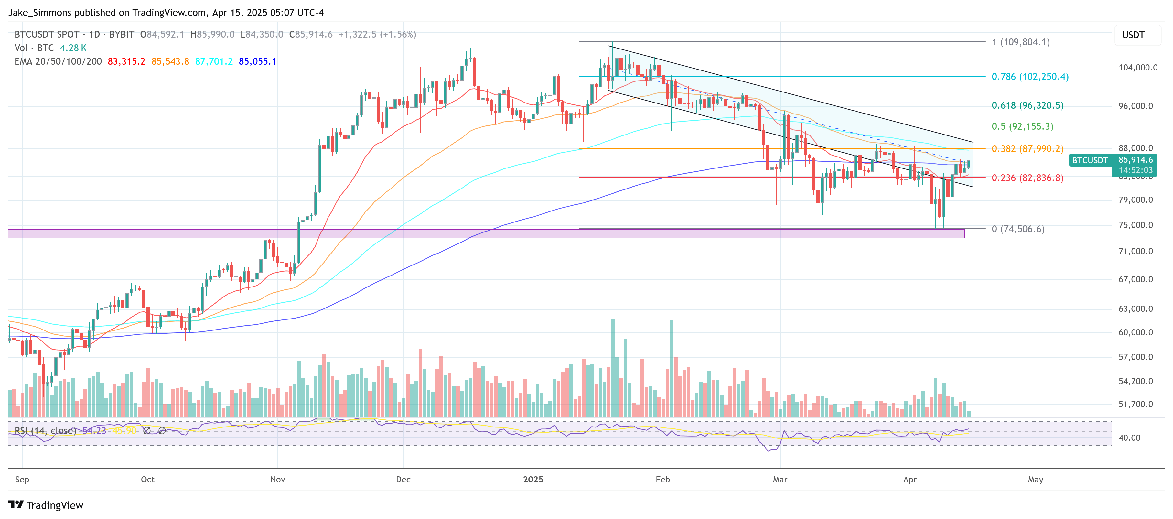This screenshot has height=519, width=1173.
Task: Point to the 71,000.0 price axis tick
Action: (1137, 251)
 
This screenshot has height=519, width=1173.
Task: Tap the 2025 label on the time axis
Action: (533, 480)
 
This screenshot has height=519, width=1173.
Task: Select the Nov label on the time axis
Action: (277, 480)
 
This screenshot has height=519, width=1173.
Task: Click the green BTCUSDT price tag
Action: (1089, 160)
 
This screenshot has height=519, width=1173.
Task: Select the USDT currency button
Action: (1133, 35)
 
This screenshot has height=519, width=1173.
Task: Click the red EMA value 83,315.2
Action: (126, 61)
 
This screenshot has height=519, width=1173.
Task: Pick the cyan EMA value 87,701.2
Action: (214, 61)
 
